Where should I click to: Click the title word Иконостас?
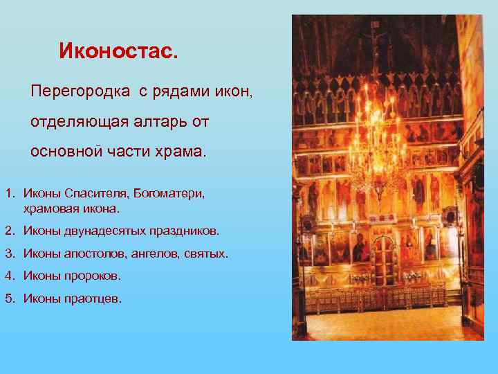coord(118,51)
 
